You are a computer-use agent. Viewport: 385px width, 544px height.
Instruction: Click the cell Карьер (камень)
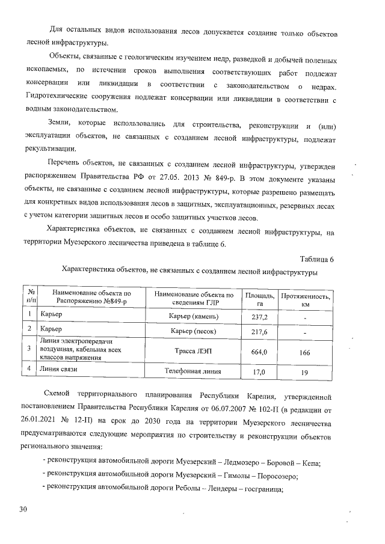point(194,316)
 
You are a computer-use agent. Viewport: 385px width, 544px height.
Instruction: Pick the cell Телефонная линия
point(194,371)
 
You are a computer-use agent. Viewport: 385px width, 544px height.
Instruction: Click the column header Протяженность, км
point(305,300)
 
